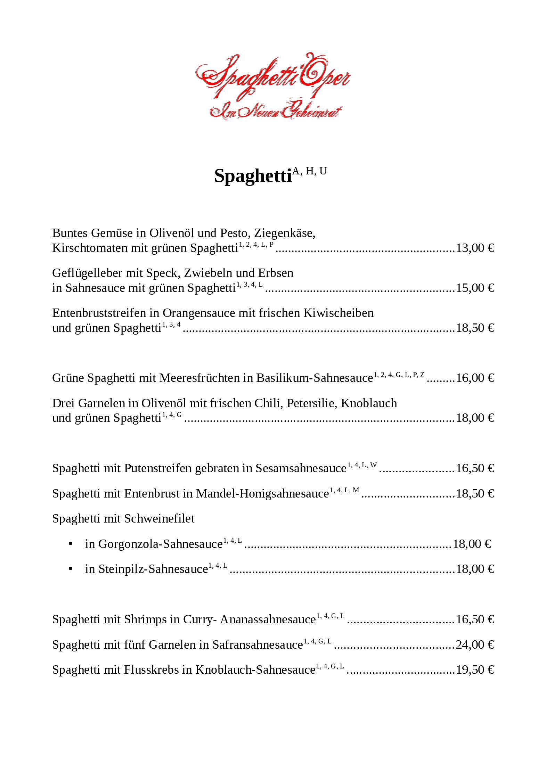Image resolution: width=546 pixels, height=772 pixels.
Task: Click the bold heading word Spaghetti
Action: pos(253,175)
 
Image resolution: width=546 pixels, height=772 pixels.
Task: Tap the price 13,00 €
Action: pos(475,248)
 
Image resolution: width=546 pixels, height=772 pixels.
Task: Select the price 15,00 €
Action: pos(475,288)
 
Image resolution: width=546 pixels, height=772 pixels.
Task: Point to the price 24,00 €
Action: pos(475,645)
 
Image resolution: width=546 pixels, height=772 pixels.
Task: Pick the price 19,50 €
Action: pos(475,670)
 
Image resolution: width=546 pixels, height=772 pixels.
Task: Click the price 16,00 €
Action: pos(475,378)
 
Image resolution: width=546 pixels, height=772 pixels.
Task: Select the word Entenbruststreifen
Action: pos(99,313)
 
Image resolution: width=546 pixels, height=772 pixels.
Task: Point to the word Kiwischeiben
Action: pos(339,313)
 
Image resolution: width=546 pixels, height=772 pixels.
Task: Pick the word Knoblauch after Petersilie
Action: pos(369,403)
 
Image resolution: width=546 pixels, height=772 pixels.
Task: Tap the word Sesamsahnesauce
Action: pos(301,468)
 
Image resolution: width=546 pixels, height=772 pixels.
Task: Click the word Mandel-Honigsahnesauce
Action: pos(262,494)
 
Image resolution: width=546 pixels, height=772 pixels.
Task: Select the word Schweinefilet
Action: pos(159,519)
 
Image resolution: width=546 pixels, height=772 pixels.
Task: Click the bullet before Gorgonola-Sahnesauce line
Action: pos(71,544)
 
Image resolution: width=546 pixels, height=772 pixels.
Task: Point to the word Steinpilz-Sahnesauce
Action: pos(146,569)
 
